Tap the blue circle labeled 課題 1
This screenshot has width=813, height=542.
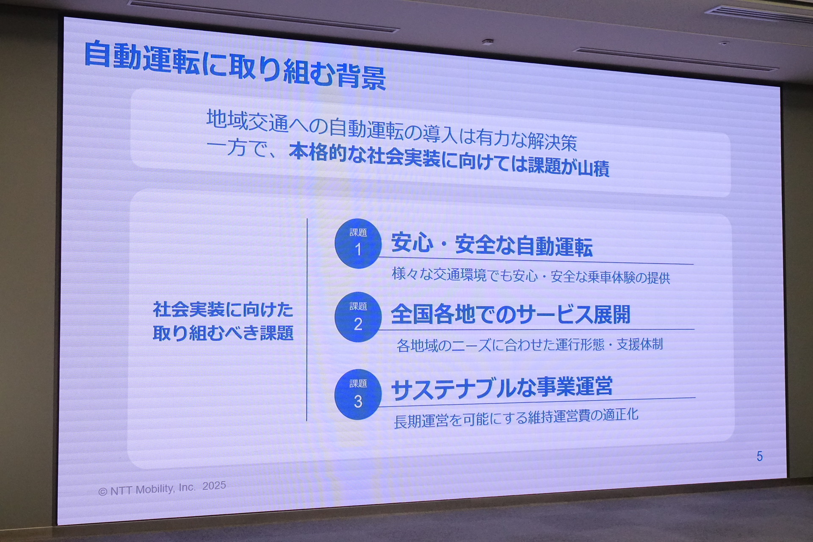point(358,243)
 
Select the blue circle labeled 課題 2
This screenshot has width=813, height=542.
point(358,317)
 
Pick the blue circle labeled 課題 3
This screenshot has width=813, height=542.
point(358,394)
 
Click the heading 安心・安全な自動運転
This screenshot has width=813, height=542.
point(492,244)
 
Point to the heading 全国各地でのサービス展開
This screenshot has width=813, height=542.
point(511,315)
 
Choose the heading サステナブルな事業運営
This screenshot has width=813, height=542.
point(502,388)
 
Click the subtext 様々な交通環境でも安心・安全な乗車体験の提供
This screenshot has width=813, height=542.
point(531,276)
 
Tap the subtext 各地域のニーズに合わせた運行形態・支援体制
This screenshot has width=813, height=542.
point(530,345)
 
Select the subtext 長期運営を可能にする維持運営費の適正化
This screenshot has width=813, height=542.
point(516,418)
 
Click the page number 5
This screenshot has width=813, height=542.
point(760,456)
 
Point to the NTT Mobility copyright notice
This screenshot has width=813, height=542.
point(162,488)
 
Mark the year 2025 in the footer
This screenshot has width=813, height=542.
point(214,486)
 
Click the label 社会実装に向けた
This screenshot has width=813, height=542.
point(223,310)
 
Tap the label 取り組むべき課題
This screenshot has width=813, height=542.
point(223,333)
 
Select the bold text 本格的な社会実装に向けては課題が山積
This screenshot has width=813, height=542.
point(449,160)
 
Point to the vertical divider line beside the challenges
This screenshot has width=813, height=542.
point(307,320)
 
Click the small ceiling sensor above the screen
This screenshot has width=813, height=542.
point(487,41)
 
